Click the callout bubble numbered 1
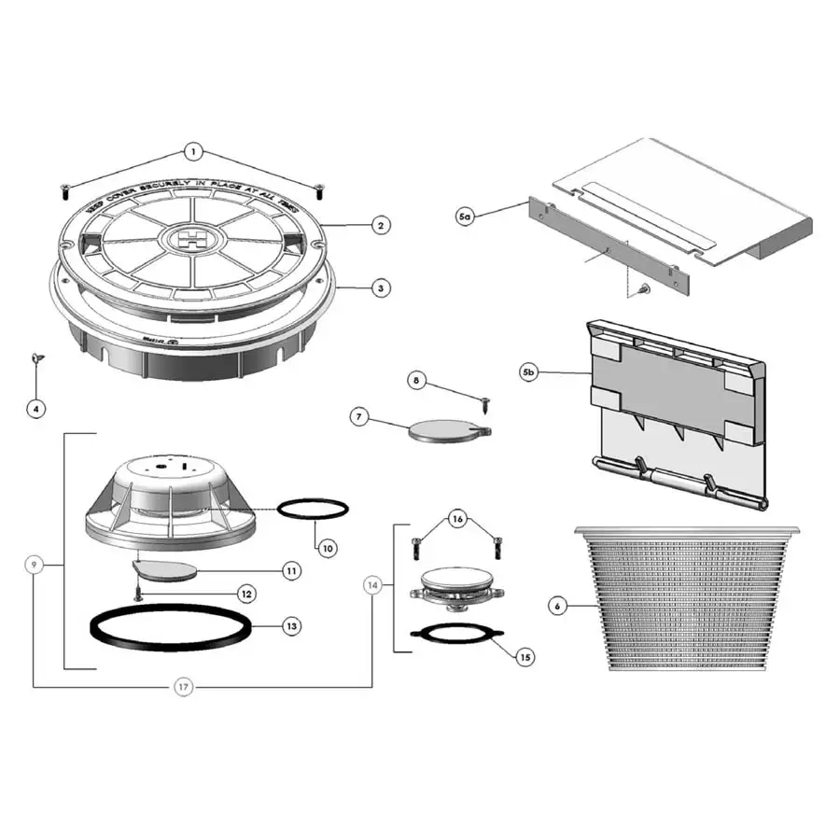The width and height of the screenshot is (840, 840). click(x=193, y=150)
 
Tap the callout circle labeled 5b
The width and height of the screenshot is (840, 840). click(x=529, y=372)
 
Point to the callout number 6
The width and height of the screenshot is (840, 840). click(x=557, y=606)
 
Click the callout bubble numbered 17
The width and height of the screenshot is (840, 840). click(x=184, y=688)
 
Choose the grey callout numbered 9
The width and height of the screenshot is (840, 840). click(x=35, y=565)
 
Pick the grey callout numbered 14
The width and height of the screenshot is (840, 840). click(x=373, y=585)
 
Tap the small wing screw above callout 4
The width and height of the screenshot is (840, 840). click(x=36, y=358)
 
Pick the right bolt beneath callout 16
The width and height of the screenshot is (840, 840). click(x=495, y=543)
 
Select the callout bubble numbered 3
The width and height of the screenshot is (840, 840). click(x=380, y=288)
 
